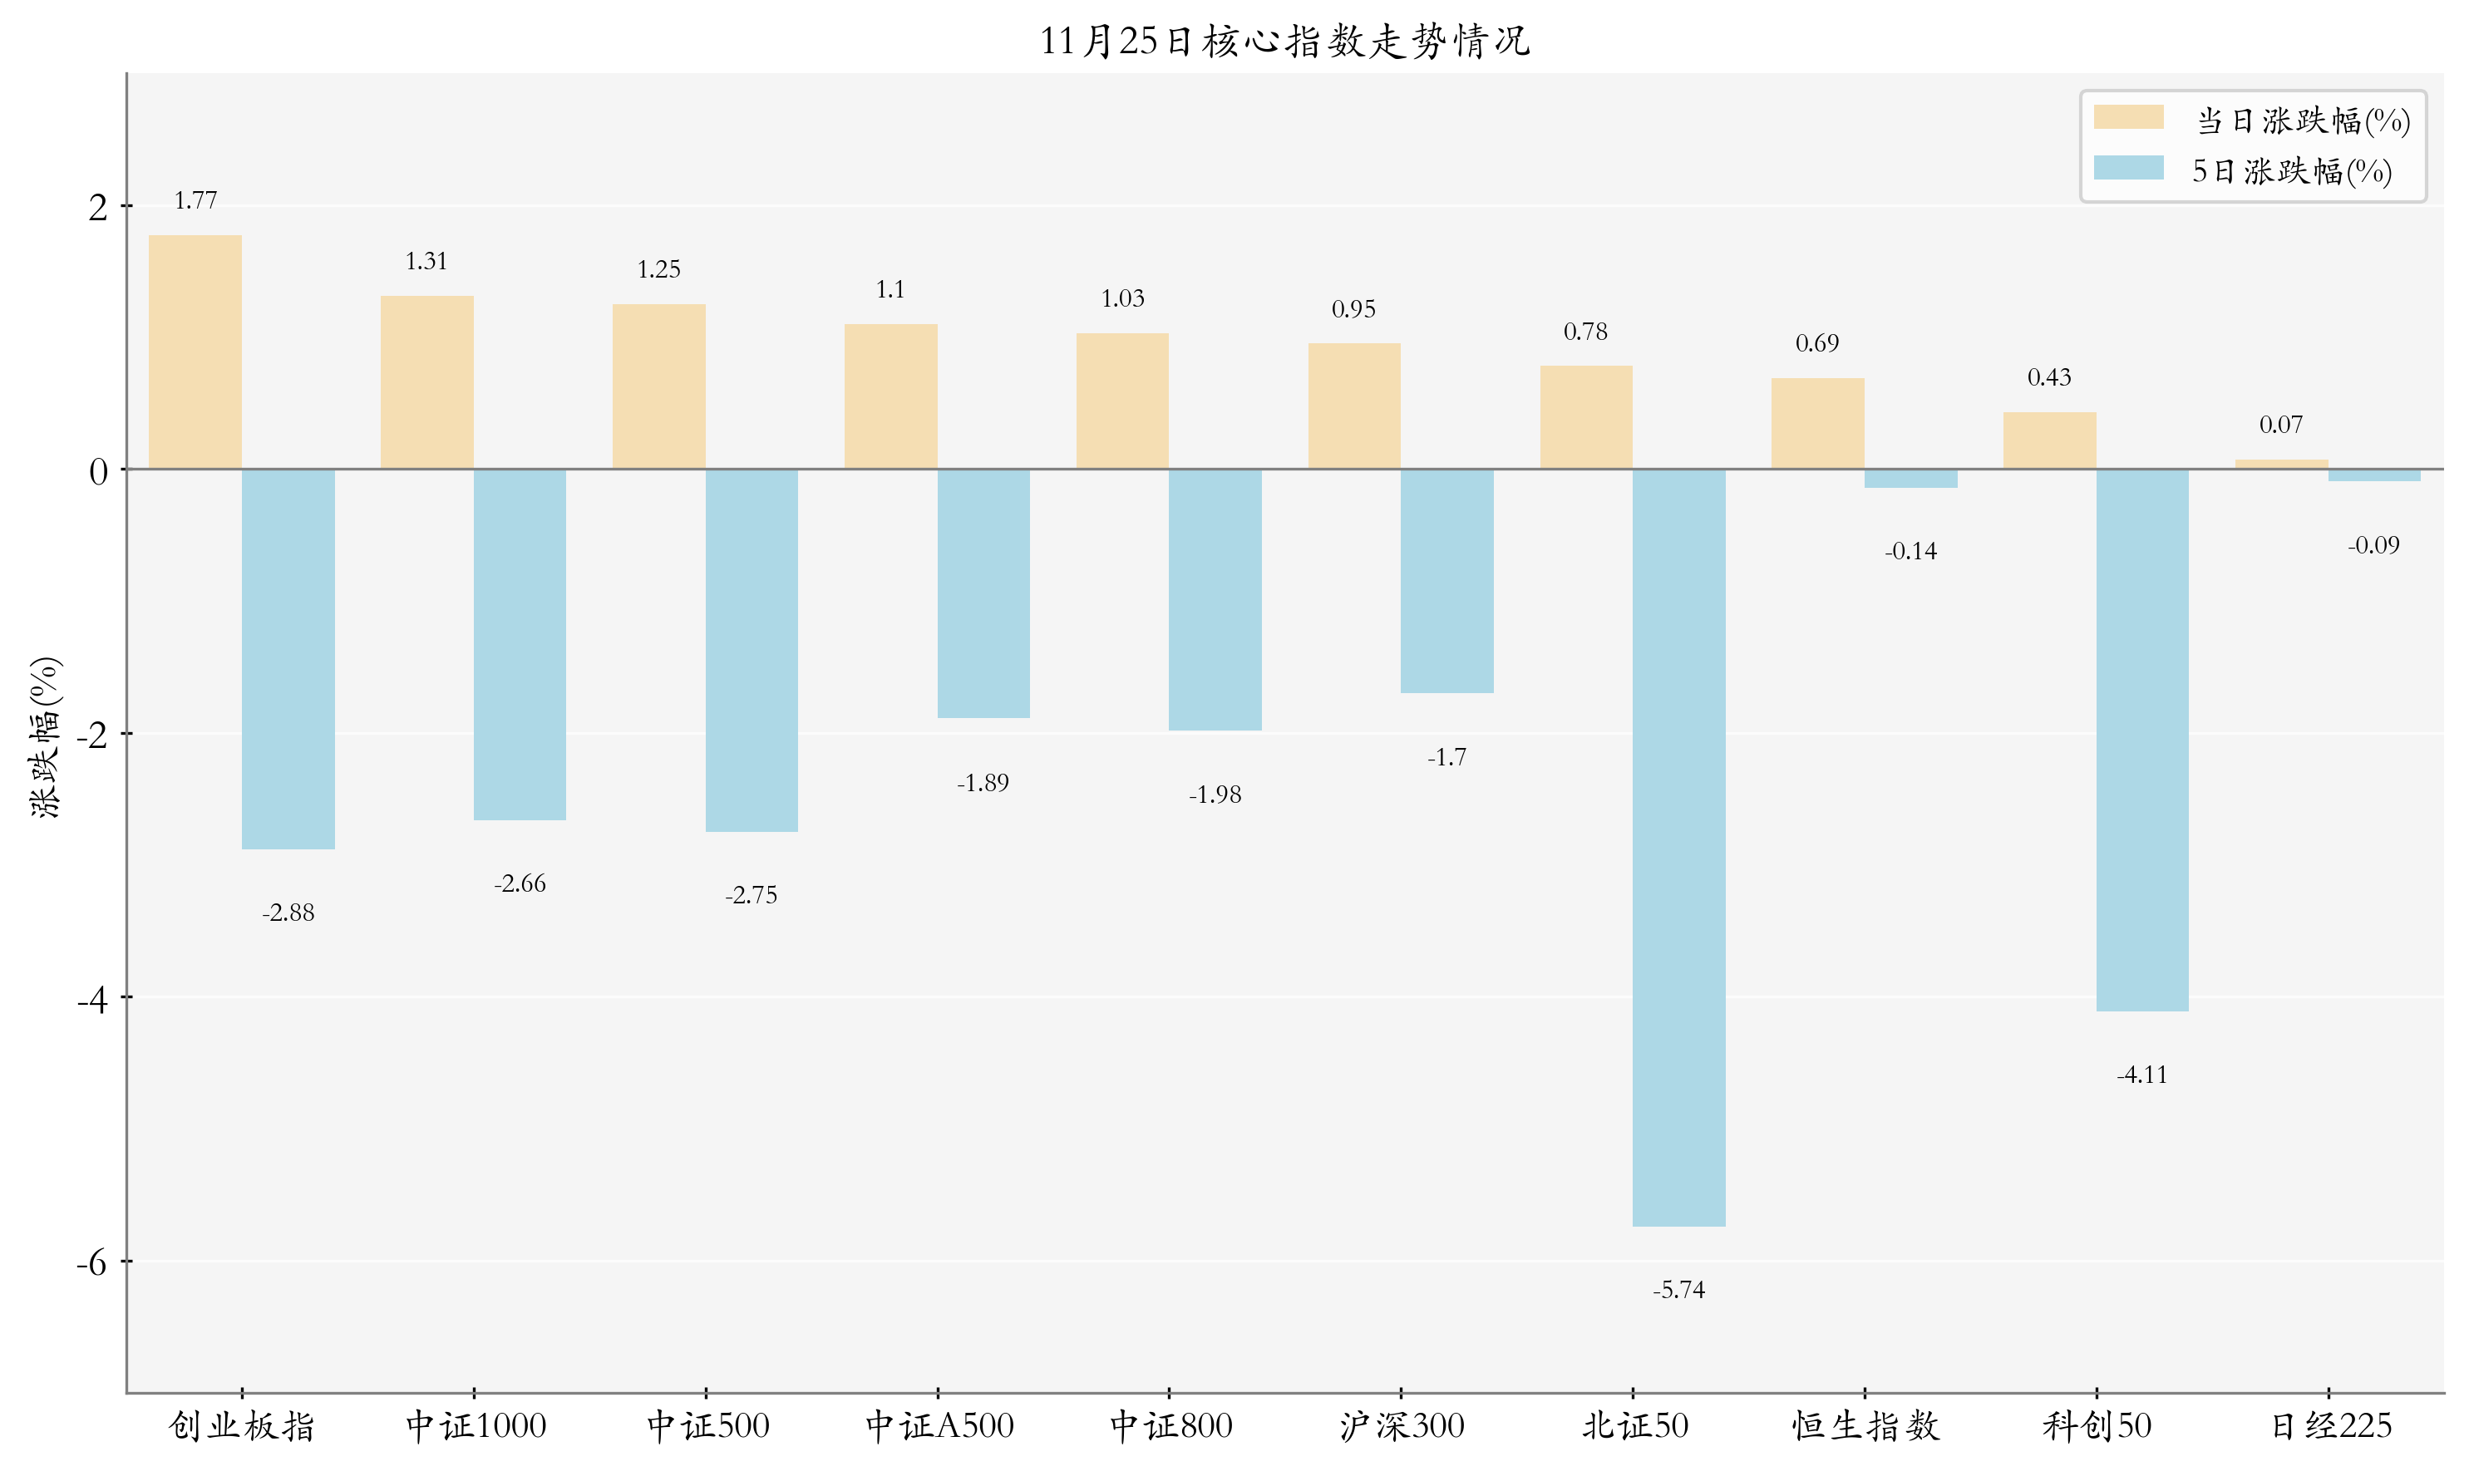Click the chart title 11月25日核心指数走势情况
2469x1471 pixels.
coord(1284,42)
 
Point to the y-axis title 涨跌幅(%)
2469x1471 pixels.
coord(46,736)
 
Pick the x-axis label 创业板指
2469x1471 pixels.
coord(242,1426)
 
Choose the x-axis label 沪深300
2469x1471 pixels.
coord(1401,1426)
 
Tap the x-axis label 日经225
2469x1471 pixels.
coord(2330,1426)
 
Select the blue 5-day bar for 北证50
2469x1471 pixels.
coord(1678,848)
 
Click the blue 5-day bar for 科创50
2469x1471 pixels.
coord(2141,740)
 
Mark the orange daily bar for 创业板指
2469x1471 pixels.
coord(195,352)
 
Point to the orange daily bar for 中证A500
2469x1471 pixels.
coord(890,396)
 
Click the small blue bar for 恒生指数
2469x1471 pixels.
coord(1910,479)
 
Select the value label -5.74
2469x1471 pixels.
coord(1678,1290)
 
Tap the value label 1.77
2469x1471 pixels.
coord(195,201)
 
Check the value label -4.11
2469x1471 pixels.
coord(2141,1075)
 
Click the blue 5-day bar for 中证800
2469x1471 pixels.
coord(1215,600)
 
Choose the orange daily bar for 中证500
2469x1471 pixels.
coord(658,386)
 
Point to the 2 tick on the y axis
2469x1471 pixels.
coord(97,208)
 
